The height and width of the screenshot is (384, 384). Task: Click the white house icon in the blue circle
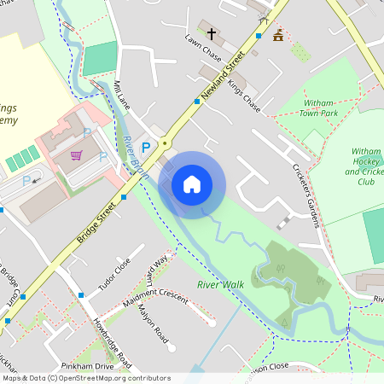click(192, 184)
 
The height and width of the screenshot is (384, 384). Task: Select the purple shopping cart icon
click(77, 155)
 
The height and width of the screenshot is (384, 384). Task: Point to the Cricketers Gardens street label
click(305, 195)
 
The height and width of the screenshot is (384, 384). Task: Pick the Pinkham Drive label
click(92, 366)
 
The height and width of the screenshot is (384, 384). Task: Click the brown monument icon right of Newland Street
click(278, 36)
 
